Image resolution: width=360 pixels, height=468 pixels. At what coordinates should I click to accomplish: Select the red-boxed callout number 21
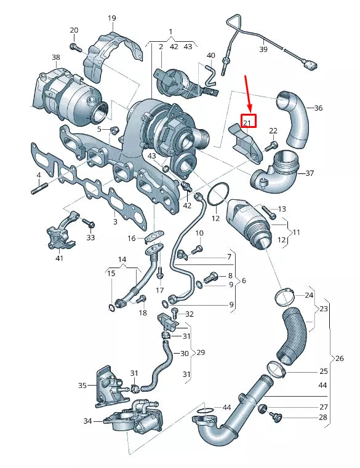pyautogui.click(x=247, y=122)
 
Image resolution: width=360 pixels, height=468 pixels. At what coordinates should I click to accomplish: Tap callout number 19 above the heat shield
pyautogui.click(x=111, y=18)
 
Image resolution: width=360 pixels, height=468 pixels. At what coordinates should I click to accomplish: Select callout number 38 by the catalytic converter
pyautogui.click(x=56, y=58)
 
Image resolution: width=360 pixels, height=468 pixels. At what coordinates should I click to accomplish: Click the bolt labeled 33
pyautogui.click(x=87, y=222)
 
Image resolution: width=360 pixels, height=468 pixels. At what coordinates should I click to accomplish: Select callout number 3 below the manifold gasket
pyautogui.click(x=114, y=221)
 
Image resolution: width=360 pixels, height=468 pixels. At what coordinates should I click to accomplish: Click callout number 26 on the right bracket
pyautogui.click(x=339, y=359)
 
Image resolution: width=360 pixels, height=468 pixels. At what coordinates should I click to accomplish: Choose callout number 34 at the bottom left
pyautogui.click(x=87, y=421)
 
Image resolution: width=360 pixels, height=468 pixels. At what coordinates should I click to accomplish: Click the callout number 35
pyautogui.click(x=82, y=386)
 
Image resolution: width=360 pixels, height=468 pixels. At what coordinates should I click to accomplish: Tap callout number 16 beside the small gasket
pyautogui.click(x=131, y=238)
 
